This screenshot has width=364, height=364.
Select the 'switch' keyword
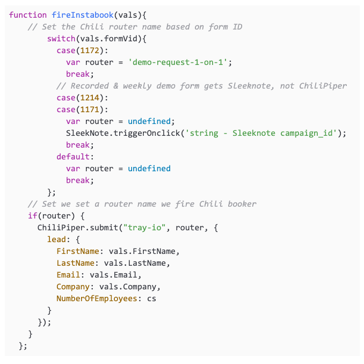coord(61,39)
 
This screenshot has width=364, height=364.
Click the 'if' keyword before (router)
coord(32,216)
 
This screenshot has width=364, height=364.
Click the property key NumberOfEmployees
coord(97,299)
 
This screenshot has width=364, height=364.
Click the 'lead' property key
coord(56,239)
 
